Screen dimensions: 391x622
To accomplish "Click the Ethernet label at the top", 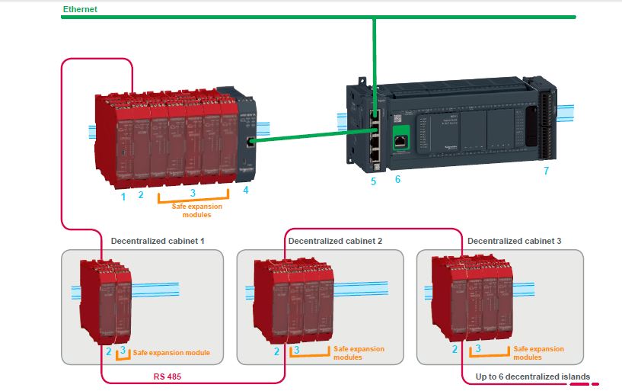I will pyautogui.click(x=79, y=8).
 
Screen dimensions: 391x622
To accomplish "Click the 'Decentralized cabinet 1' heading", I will pyautogui.click(x=158, y=241).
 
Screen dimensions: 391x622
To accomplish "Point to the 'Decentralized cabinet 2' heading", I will pyautogui.click(x=335, y=241).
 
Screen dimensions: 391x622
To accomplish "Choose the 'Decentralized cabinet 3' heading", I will pyautogui.click(x=514, y=241).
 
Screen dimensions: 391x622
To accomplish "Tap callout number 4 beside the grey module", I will pyautogui.click(x=245, y=190).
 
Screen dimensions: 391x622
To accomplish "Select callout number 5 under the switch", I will pyautogui.click(x=373, y=181).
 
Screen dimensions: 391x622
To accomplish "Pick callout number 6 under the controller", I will pyautogui.click(x=397, y=179).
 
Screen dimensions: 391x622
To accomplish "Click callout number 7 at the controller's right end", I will pyautogui.click(x=545, y=171).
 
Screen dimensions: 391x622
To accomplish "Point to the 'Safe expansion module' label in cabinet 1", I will pyautogui.click(x=171, y=353).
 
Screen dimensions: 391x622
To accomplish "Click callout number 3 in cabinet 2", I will pyautogui.click(x=296, y=350).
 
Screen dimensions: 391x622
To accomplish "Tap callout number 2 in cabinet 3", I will pyautogui.click(x=455, y=349).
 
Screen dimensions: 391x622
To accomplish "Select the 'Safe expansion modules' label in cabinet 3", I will pyautogui.click(x=538, y=353).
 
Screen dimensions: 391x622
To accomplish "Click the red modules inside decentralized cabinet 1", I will pyautogui.click(x=106, y=301).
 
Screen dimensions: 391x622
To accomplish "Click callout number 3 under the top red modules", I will pyautogui.click(x=193, y=193).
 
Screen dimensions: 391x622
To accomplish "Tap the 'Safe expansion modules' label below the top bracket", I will pyautogui.click(x=197, y=210).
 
